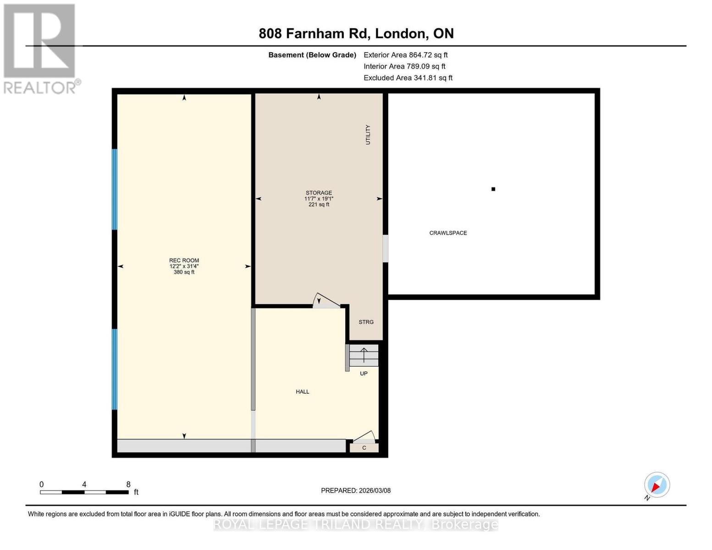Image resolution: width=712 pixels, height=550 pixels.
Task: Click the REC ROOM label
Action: click(184, 260)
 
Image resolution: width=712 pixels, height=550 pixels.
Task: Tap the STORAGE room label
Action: click(319, 193)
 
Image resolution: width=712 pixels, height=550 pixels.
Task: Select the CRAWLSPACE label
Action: click(448, 233)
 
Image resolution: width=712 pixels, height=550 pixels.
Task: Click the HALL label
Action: click(302, 391)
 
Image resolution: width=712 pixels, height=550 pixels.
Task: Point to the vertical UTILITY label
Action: click(368, 135)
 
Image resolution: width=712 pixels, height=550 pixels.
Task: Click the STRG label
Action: click(366, 322)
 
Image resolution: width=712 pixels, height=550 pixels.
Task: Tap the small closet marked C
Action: click(364, 448)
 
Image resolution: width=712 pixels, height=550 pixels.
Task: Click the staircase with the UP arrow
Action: click(364, 356)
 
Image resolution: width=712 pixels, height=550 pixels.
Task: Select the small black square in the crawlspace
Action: click(493, 189)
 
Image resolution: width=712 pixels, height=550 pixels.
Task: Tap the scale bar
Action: click(84, 492)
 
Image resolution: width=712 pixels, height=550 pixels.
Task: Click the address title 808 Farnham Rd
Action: click(356, 33)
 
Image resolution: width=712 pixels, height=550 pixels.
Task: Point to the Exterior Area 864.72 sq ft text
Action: click(405, 55)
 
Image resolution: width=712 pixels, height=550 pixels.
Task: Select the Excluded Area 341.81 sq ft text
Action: click(408, 78)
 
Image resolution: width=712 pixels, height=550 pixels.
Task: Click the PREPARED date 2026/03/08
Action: click(355, 490)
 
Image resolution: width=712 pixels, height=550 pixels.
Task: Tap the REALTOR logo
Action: click(40, 49)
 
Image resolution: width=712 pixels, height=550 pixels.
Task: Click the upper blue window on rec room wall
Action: click(115, 189)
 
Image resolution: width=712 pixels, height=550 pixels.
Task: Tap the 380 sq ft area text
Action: click(184, 272)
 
